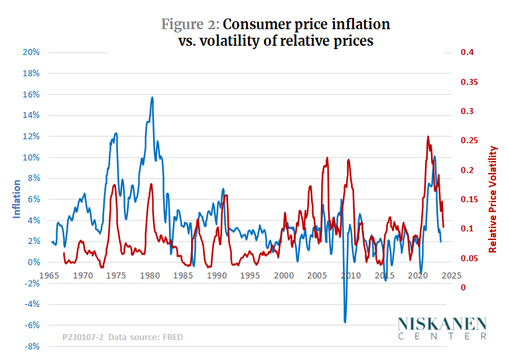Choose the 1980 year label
point(150,275)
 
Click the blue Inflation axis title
point(17,199)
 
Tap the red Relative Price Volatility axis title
point(493,199)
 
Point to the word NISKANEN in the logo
point(442,324)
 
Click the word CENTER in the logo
point(442,336)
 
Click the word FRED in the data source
point(172,337)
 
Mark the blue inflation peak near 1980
point(152,97)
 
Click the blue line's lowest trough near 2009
point(345,322)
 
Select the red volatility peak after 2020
point(428,137)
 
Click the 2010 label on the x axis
point(351,275)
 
